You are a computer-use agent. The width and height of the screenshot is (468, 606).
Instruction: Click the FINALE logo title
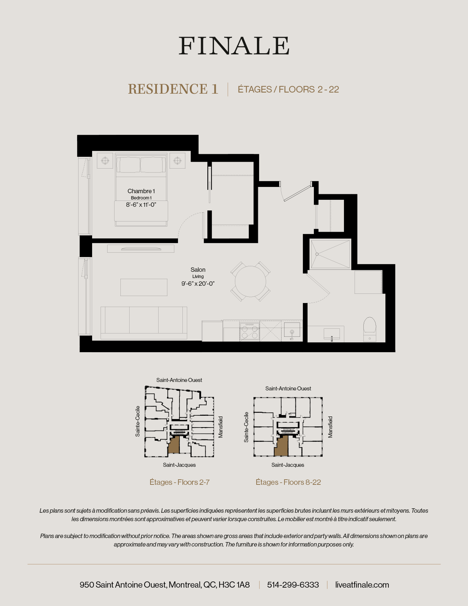[234, 46]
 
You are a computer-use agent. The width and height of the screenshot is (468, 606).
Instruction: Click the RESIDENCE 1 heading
[173, 89]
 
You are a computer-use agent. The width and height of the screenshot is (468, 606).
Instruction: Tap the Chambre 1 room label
[141, 191]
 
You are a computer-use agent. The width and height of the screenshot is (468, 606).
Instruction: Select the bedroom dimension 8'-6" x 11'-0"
[141, 205]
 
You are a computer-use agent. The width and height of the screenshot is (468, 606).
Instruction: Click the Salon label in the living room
[198, 270]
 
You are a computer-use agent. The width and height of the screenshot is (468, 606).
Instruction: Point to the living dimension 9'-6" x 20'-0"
[198, 284]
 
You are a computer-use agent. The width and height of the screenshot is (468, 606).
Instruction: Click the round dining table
[250, 282]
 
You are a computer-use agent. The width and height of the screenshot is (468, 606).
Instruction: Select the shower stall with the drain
[330, 254]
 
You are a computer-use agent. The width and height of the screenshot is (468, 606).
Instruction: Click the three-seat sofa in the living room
[144, 322]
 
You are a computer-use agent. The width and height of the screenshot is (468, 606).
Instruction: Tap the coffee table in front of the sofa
[144, 287]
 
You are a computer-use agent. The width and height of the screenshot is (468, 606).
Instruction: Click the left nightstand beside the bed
[105, 160]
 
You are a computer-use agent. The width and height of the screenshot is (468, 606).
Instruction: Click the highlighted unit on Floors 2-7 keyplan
[174, 445]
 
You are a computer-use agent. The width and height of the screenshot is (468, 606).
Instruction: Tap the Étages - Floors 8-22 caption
[288, 482]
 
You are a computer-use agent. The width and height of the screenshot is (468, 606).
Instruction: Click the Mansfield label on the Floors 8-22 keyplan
[330, 427]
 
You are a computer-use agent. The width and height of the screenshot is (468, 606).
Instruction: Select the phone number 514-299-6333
[293, 585]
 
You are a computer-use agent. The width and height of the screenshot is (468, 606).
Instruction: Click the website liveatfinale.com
[362, 585]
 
